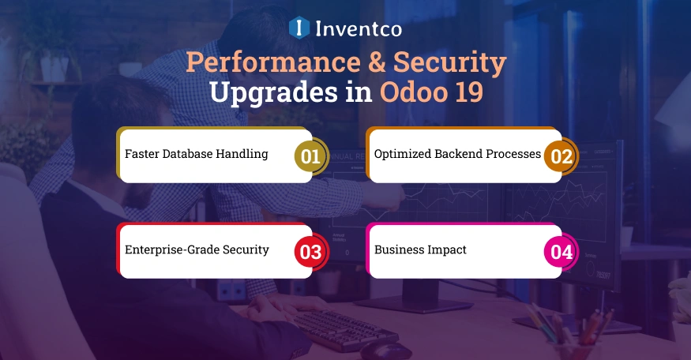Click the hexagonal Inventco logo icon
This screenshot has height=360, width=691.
pyautogui.click(x=299, y=28)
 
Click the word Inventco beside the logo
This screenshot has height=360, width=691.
pyautogui.click(x=359, y=29)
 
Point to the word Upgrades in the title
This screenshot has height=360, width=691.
pyautogui.click(x=279, y=92)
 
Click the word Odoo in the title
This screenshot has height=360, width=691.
pyautogui.click(x=408, y=92)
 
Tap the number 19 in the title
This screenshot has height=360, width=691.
pyautogui.click(x=466, y=92)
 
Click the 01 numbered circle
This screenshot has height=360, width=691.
pyautogui.click(x=311, y=156)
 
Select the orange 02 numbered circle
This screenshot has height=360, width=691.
pyautogui.click(x=561, y=156)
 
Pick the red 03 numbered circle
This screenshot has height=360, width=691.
pyautogui.click(x=311, y=252)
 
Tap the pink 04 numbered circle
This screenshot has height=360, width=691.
pyautogui.click(x=561, y=252)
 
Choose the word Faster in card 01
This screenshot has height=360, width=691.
pyautogui.click(x=142, y=154)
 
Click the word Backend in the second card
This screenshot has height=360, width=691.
pyautogui.click(x=458, y=154)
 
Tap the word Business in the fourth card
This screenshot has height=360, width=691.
pyautogui.click(x=399, y=249)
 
